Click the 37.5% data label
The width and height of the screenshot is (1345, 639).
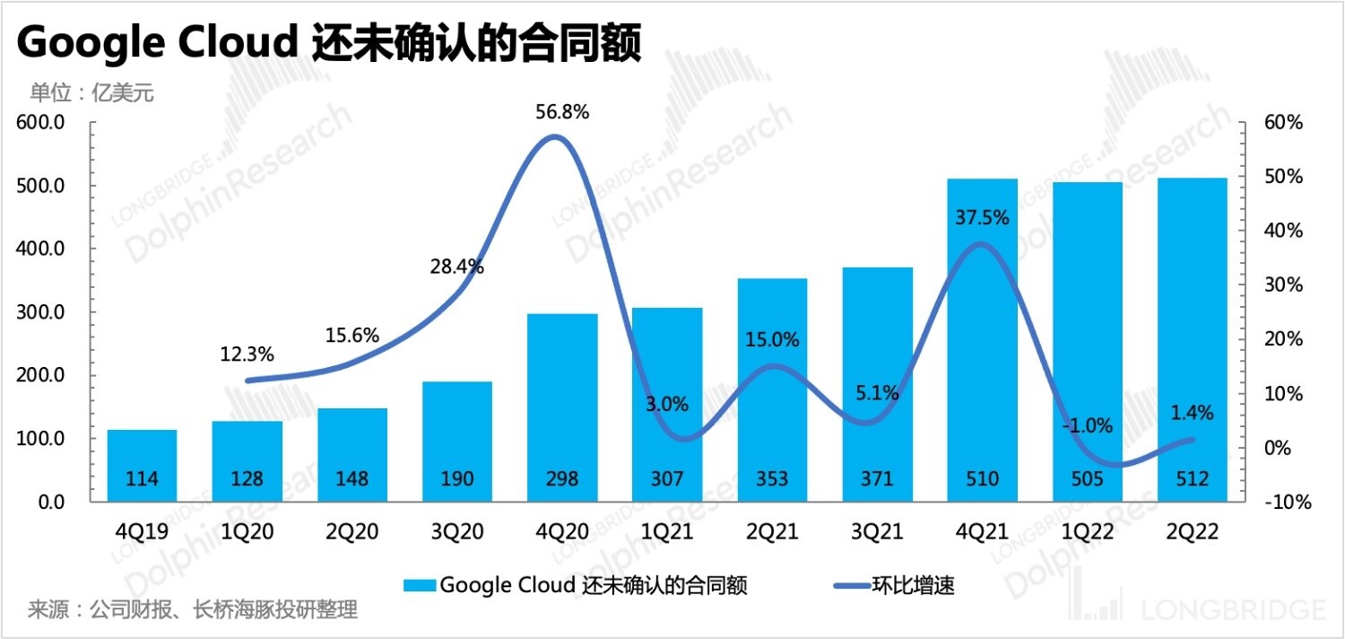pyautogui.click(x=984, y=217)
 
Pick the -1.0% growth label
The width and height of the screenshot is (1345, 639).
pyautogui.click(x=1087, y=425)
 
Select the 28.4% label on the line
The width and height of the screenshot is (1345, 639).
pyautogui.click(x=456, y=267)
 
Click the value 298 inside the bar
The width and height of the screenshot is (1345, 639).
pyautogui.click(x=562, y=478)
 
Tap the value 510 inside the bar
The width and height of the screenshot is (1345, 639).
pyautogui.click(x=983, y=478)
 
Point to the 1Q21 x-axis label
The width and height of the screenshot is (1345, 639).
pyautogui.click(x=668, y=531)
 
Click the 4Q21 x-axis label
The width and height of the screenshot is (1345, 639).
pyautogui.click(x=983, y=531)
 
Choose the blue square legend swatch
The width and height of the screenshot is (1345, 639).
pyautogui.click(x=421, y=586)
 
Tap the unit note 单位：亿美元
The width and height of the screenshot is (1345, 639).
pyautogui.click(x=92, y=92)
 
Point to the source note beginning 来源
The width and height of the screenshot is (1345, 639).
pyautogui.click(x=193, y=610)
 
